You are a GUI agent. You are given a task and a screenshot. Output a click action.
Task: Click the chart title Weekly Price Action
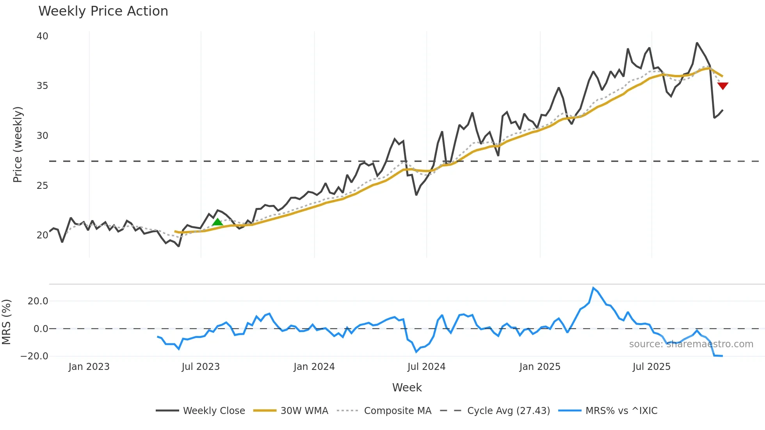point(103,11)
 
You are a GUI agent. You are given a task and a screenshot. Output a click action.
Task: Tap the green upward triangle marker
point(217,222)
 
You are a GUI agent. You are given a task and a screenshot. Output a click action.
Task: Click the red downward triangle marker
point(722,85)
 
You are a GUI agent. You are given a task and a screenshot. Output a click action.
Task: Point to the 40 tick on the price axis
point(42,36)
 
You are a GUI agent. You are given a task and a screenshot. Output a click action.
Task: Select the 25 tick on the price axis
point(42,186)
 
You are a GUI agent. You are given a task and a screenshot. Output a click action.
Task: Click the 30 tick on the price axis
point(42,136)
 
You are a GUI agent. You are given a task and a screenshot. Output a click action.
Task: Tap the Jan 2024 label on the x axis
point(314,367)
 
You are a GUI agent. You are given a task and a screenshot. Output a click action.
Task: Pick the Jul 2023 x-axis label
point(201,367)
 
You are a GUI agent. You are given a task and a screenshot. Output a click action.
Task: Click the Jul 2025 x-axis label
point(651,367)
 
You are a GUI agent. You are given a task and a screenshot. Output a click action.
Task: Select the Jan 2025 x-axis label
point(539,367)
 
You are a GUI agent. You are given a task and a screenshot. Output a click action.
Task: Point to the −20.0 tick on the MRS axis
point(34,356)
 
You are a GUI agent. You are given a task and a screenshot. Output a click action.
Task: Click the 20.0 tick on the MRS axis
point(37,301)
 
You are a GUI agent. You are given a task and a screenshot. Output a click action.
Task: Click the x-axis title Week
point(407,387)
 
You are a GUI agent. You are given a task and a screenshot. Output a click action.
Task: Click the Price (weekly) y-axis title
point(18,144)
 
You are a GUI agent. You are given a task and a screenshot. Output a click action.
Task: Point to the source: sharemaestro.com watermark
point(691,344)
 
